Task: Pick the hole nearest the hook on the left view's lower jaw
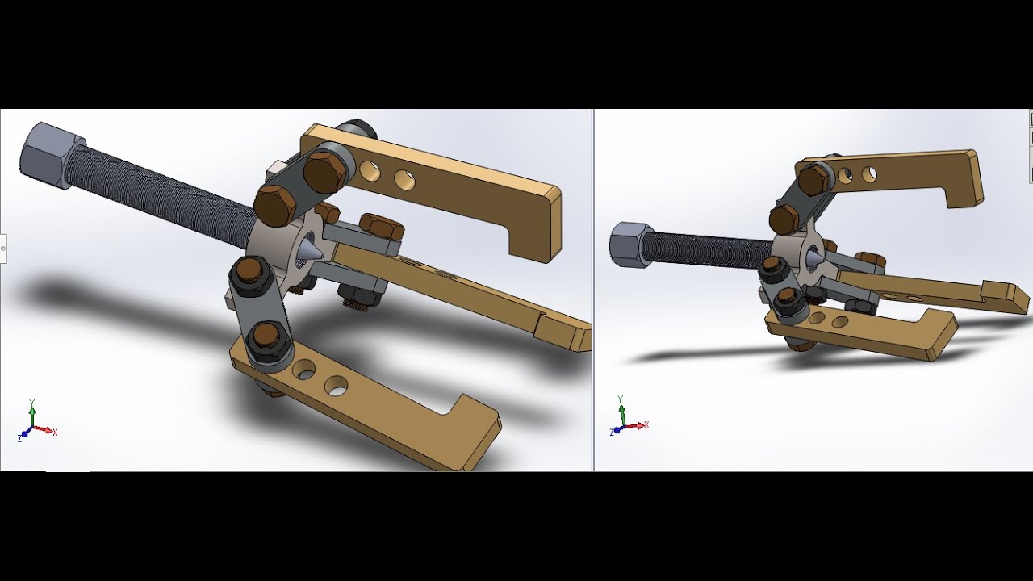tap(336, 387)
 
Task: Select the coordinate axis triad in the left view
tap(33, 424)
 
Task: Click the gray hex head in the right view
tap(627, 243)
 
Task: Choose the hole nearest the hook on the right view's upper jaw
tap(869, 173)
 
